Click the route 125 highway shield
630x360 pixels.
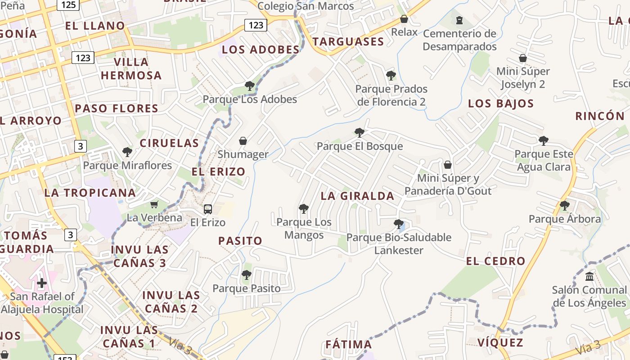68,4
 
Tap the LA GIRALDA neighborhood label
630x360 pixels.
357,196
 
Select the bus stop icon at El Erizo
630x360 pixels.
207,209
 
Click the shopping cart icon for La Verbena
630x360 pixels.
154,205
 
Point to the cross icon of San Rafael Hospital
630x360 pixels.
42,283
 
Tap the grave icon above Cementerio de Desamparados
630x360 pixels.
459,20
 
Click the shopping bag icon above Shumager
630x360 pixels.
243,141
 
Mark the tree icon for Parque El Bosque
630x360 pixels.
359,133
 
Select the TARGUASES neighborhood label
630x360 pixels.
348,42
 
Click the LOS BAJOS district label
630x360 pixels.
501,104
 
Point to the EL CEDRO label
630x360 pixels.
495,261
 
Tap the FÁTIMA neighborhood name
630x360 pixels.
349,345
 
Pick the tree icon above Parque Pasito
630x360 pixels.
246,275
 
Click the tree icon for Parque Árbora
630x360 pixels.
564,206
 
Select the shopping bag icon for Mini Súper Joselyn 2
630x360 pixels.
522,58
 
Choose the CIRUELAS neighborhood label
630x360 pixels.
169,144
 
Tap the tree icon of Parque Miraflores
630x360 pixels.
127,152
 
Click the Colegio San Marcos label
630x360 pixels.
306,6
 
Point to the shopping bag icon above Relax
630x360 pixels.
404,19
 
